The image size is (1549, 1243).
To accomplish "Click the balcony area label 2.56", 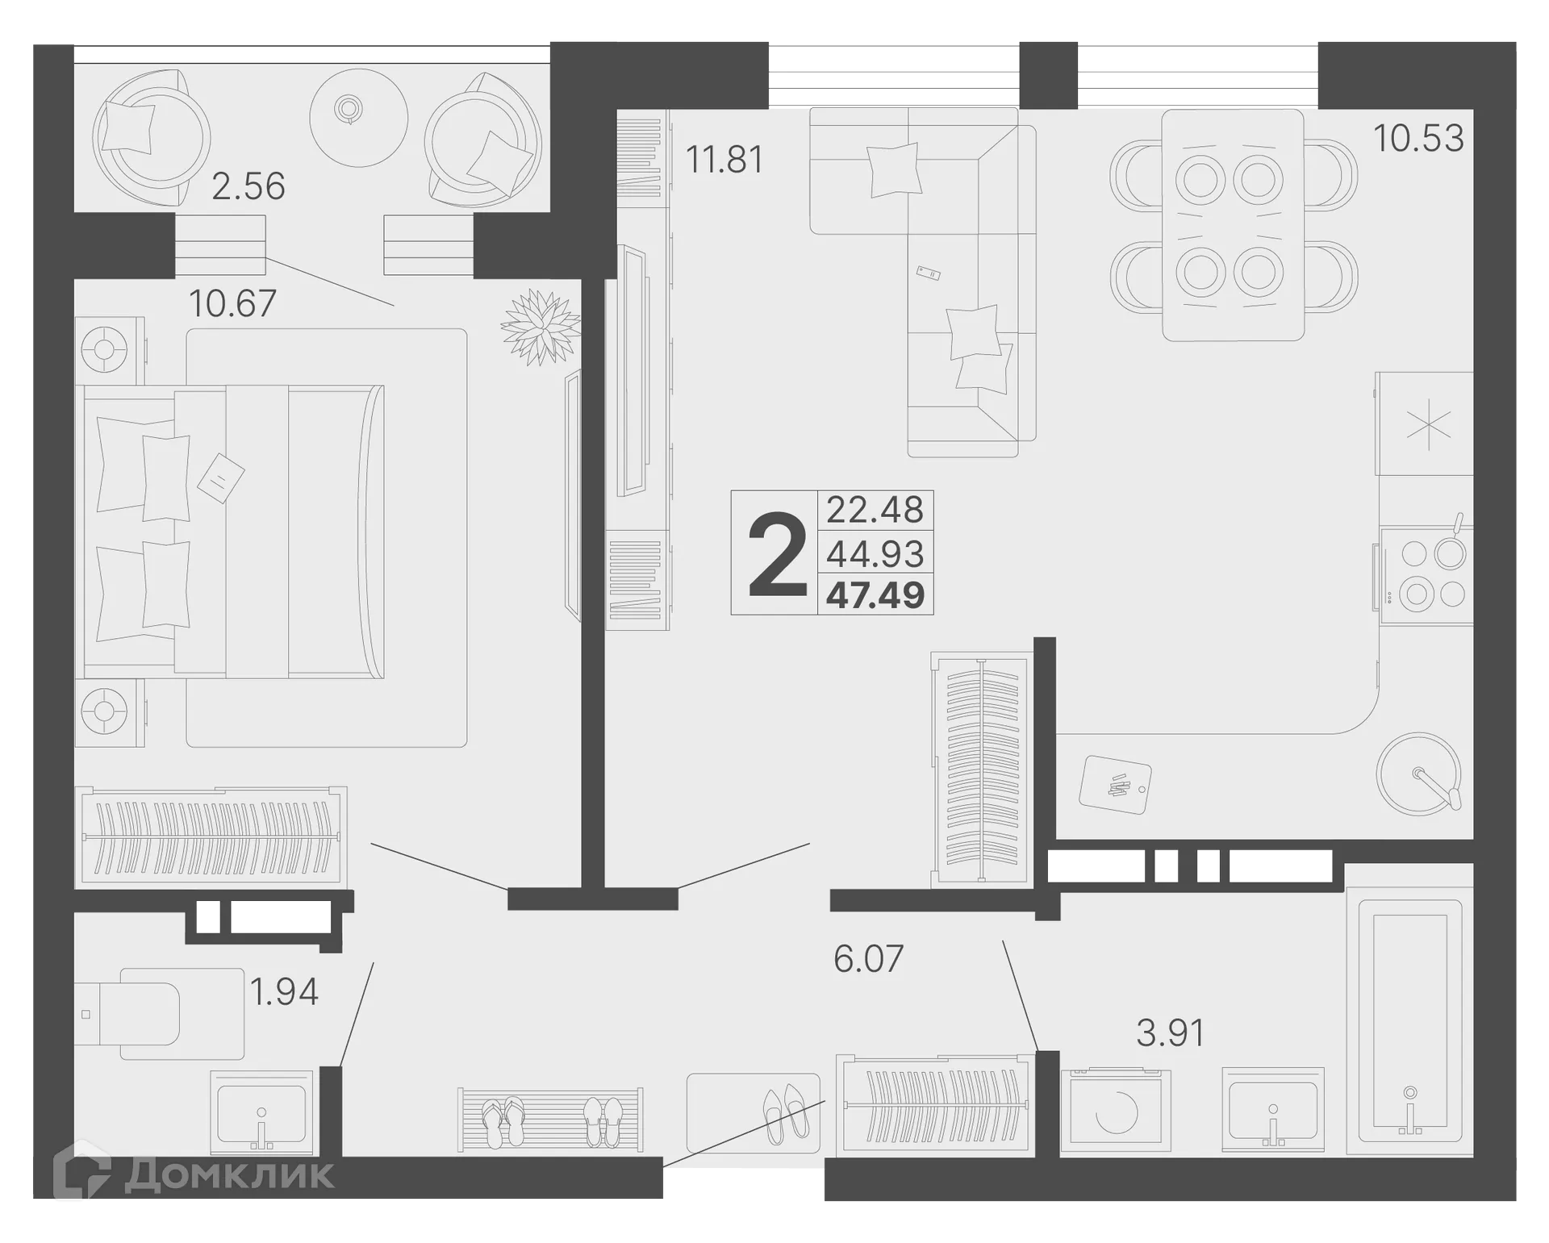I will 248,186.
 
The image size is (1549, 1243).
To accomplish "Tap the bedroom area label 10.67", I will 232,304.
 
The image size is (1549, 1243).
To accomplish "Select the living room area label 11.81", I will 724,159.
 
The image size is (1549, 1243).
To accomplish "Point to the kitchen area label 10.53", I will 1418,138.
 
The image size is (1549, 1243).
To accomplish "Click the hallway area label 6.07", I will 868,959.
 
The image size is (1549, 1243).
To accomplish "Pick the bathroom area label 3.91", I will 1170,1032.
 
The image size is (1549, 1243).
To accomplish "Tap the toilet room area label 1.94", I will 284,991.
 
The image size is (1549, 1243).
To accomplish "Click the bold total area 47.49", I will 875,596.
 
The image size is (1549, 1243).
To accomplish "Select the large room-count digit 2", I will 777,556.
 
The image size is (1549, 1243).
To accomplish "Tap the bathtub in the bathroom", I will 1409,1021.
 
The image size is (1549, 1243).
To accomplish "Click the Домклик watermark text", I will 228,1175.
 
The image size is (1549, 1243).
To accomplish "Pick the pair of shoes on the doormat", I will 785,1112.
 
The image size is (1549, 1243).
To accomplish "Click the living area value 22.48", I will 875,510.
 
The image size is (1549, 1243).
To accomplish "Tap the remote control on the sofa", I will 929,273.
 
